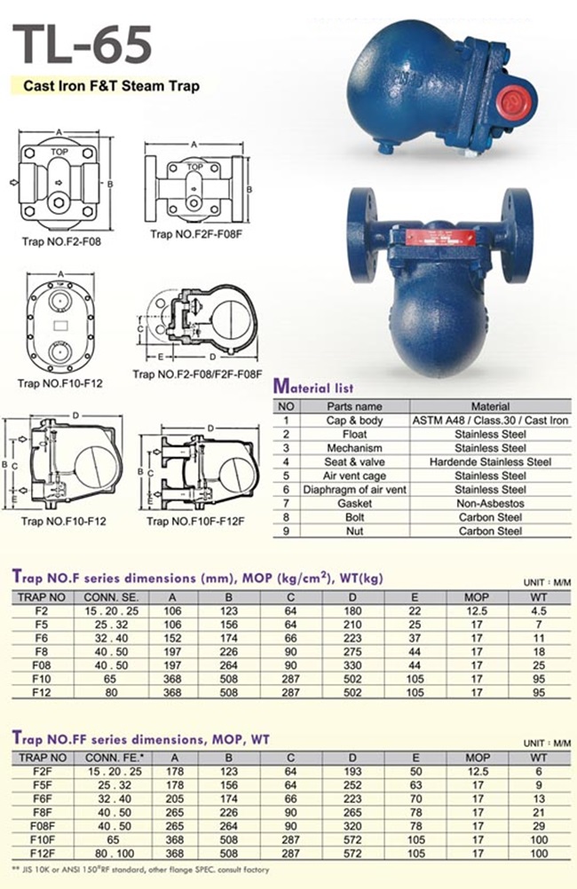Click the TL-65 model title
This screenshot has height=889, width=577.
click(x=82, y=44)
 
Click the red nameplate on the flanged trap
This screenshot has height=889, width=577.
click(x=440, y=238)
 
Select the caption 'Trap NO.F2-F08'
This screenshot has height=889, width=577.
click(x=61, y=241)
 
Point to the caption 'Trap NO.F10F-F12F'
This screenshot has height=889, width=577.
click(x=195, y=521)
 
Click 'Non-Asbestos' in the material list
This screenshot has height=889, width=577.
click(x=490, y=503)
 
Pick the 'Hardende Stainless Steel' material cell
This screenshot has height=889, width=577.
click(x=490, y=462)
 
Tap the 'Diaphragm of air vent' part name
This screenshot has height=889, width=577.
click(x=354, y=489)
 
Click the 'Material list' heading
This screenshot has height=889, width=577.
click(x=313, y=387)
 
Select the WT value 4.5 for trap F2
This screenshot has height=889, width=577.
click(x=539, y=611)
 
